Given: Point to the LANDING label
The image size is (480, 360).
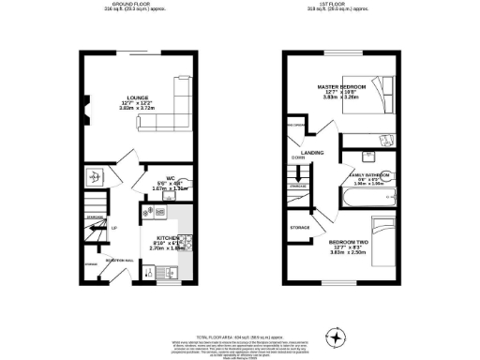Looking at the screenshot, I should (x=312, y=151).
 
